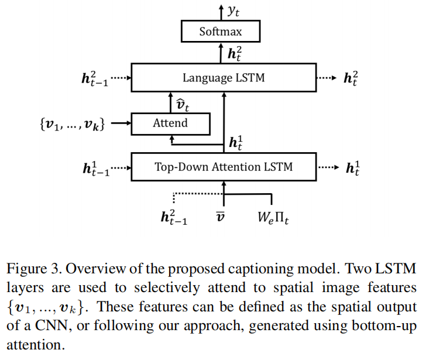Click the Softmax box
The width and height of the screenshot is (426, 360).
(x=220, y=32)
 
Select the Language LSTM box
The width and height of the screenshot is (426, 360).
(x=223, y=78)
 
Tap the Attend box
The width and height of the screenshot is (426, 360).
(x=170, y=123)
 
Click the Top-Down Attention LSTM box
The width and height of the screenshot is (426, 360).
(x=223, y=167)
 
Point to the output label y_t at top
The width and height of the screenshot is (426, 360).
(x=233, y=9)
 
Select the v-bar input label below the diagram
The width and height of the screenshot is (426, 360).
(x=221, y=218)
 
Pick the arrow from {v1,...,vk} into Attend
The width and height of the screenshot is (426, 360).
(x=120, y=124)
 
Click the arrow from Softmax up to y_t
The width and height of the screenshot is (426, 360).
(x=221, y=12)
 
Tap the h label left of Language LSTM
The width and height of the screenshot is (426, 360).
(x=95, y=78)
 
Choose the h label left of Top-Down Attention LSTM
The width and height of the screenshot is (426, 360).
(x=96, y=169)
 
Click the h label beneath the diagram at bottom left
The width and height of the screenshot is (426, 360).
(x=174, y=217)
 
